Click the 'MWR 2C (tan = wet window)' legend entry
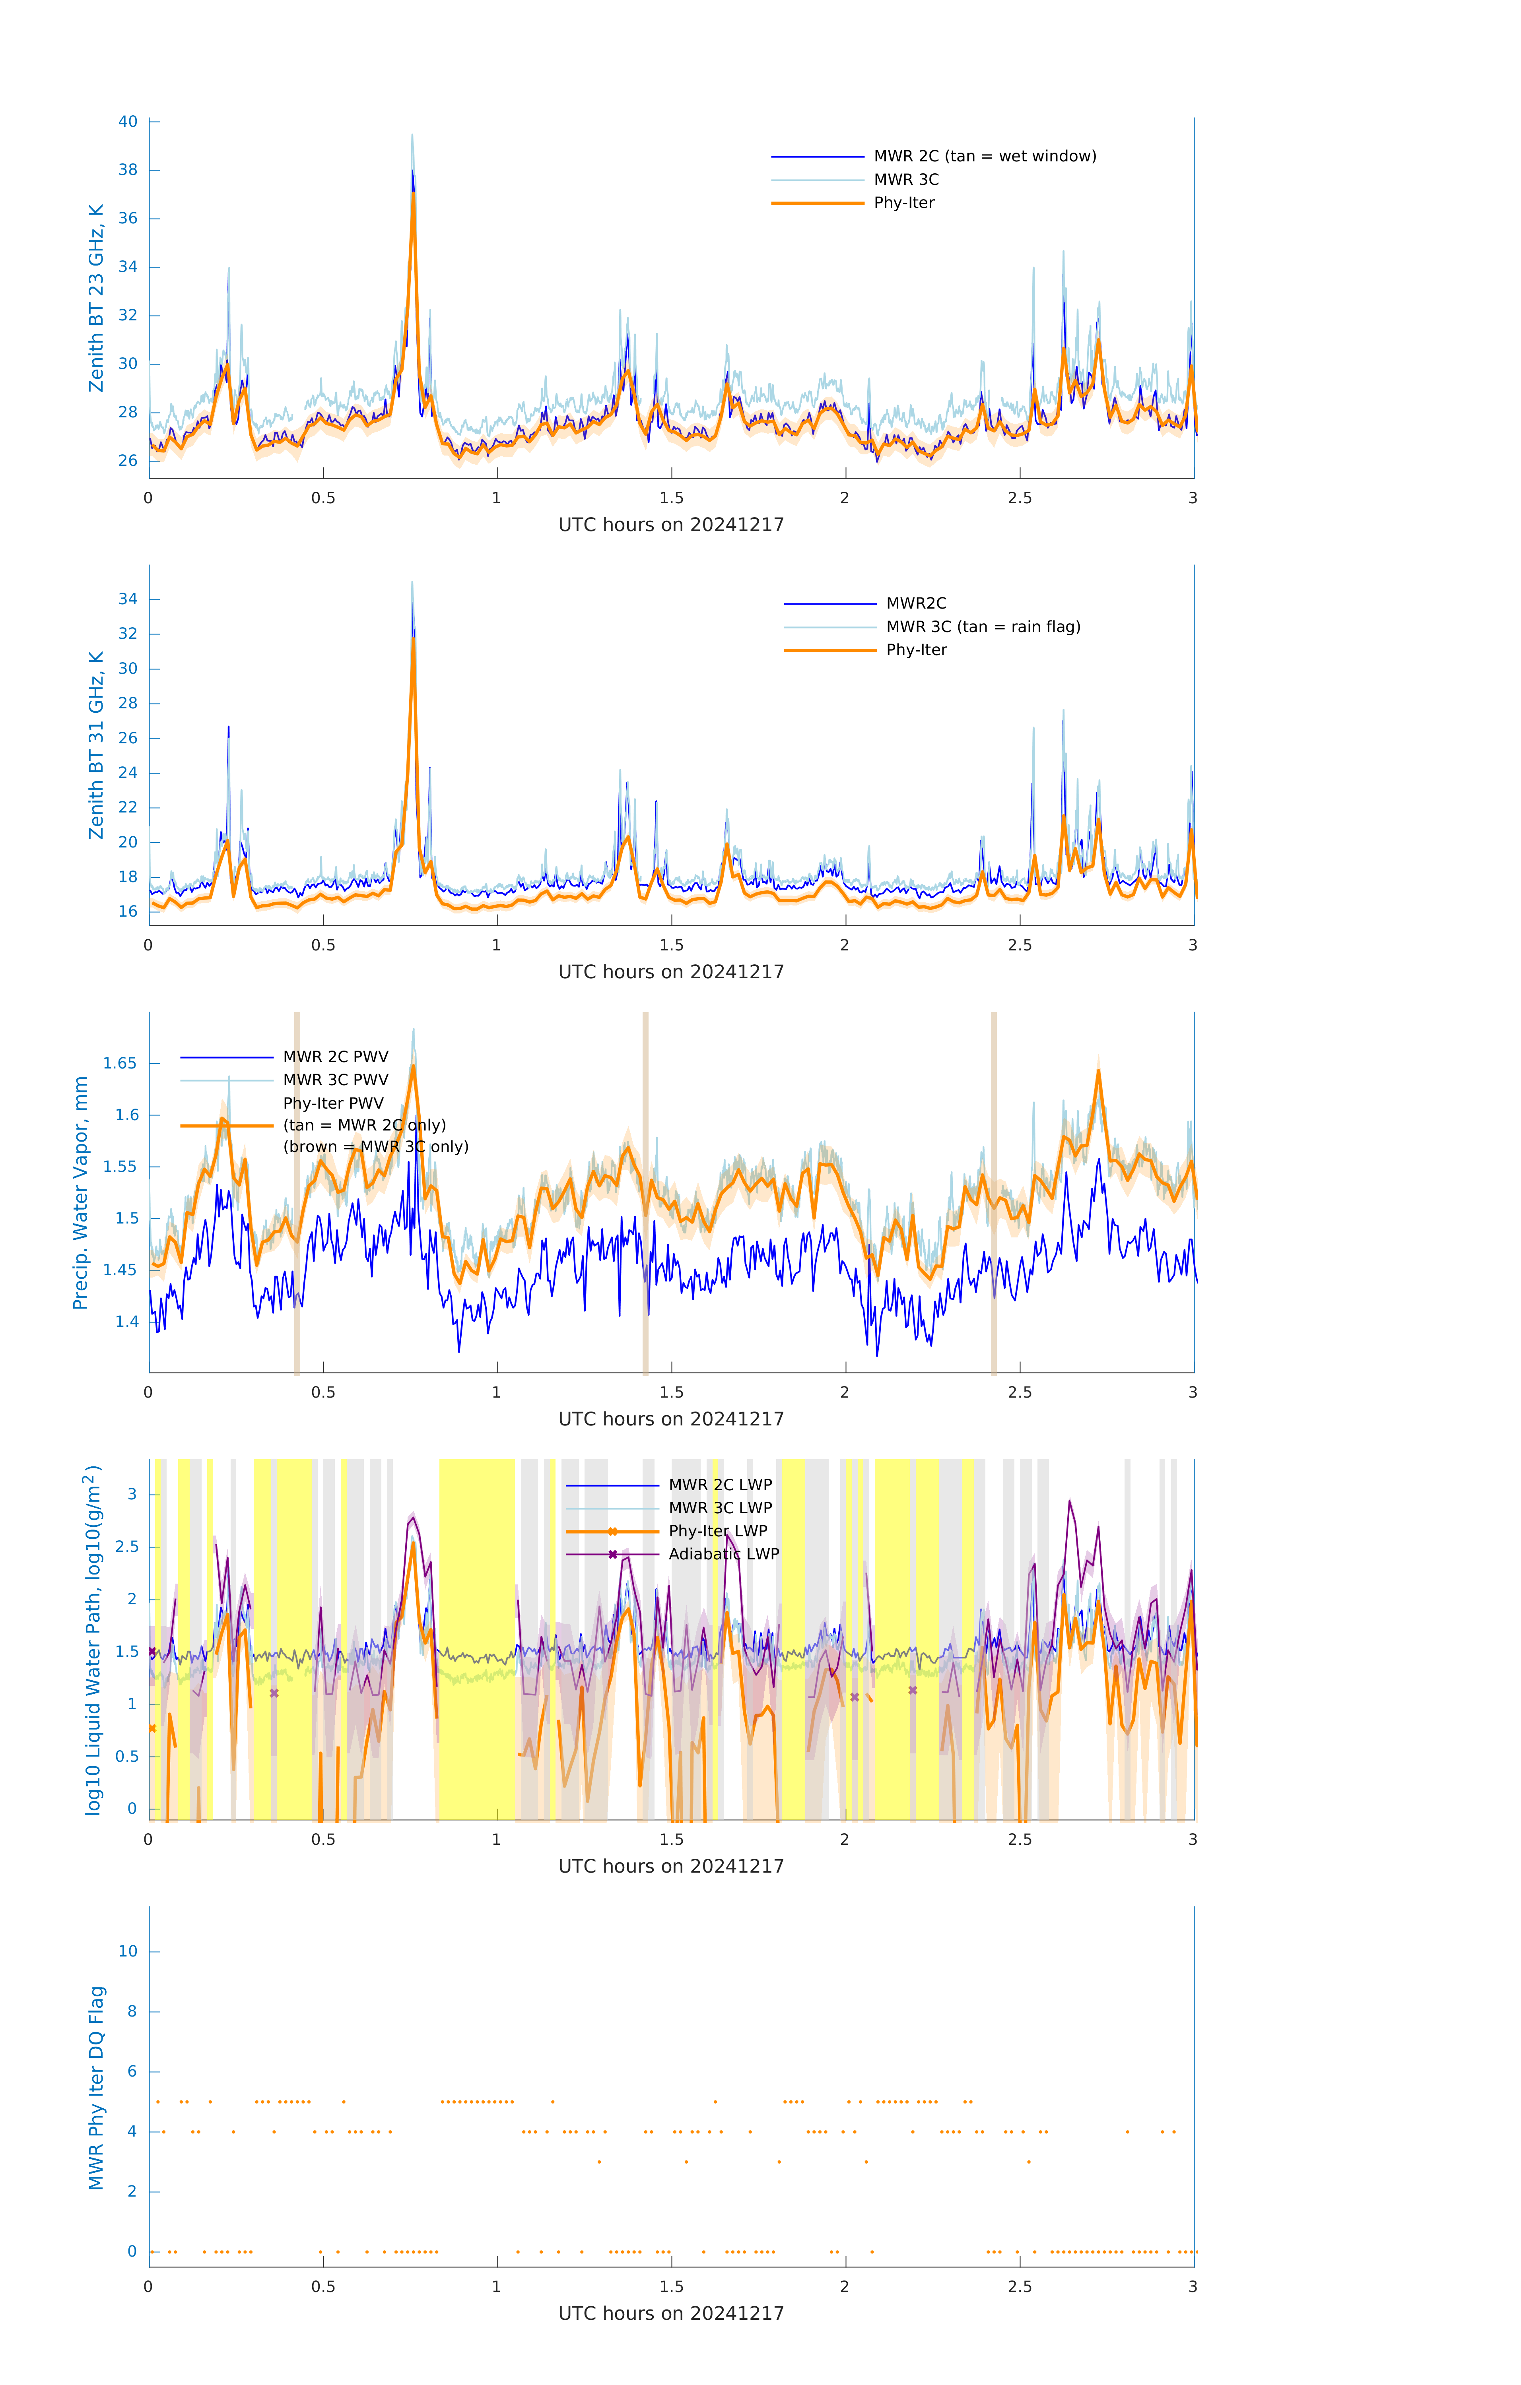(984, 157)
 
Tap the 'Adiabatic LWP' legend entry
(723, 1554)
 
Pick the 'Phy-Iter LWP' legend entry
(717, 1531)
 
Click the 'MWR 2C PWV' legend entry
(335, 1057)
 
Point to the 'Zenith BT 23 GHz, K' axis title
(96, 298)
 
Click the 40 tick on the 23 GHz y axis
(128, 122)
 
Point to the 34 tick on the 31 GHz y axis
(128, 599)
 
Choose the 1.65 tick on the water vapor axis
(120, 1064)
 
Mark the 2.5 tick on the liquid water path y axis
(126, 1547)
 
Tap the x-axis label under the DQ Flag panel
(671, 2314)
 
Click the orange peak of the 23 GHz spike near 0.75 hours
(413, 194)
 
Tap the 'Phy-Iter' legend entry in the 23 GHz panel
(904, 203)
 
